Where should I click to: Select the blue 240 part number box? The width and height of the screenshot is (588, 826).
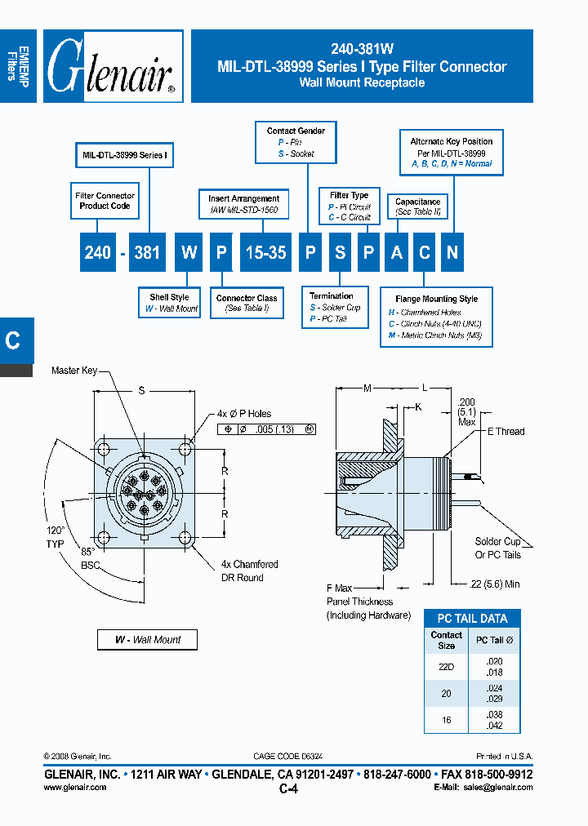pos(98,252)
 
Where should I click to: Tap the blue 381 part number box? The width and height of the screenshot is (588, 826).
pos(147,252)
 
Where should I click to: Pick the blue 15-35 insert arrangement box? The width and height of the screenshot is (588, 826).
pos(266,252)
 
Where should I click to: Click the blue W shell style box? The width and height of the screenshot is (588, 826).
pos(189,252)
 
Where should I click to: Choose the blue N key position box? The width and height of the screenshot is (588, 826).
pos(452,252)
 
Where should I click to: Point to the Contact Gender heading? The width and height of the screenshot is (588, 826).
pos(296,131)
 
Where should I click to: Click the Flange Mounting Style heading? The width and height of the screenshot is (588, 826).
pos(436,300)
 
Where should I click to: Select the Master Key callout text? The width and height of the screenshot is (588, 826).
pos(74,371)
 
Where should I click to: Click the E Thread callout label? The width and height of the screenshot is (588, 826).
pos(506,431)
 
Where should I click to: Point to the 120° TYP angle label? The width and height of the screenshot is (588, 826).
pos(56,536)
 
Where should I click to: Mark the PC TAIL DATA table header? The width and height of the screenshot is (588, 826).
pos(472,619)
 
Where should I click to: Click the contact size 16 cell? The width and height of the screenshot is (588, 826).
pos(447,718)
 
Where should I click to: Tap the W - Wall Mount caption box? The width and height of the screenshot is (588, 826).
pos(148,640)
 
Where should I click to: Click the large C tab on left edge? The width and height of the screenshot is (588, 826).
pos(14,340)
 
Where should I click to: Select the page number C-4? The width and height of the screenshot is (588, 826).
pos(288,788)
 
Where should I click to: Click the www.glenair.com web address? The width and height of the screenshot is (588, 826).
pos(74,788)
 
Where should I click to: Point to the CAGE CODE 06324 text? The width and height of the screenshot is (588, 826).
pos(288,757)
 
